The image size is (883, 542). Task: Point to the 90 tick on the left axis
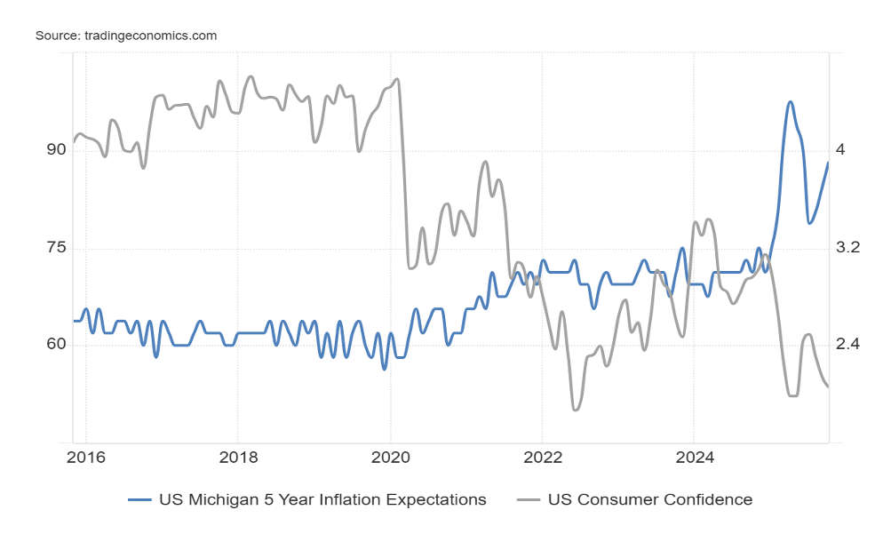pos(56,149)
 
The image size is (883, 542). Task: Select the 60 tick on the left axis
pos(56,344)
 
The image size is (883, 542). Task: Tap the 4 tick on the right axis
pos(839,149)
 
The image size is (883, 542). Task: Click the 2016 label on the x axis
pos(85,458)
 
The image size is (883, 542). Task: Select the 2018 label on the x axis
pos(237,458)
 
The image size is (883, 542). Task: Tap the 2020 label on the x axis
pos(390,458)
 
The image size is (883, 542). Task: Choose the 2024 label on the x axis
pos(695,458)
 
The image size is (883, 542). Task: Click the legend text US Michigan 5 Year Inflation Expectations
pos(322,499)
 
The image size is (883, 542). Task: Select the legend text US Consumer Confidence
pos(650,499)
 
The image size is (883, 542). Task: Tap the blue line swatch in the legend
pos(140,499)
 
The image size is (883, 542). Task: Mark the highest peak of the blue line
pos(790,102)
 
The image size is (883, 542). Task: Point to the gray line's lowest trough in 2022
pos(576,410)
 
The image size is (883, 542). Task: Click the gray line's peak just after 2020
pos(396,79)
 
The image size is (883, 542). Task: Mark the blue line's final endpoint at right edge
pos(828,163)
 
